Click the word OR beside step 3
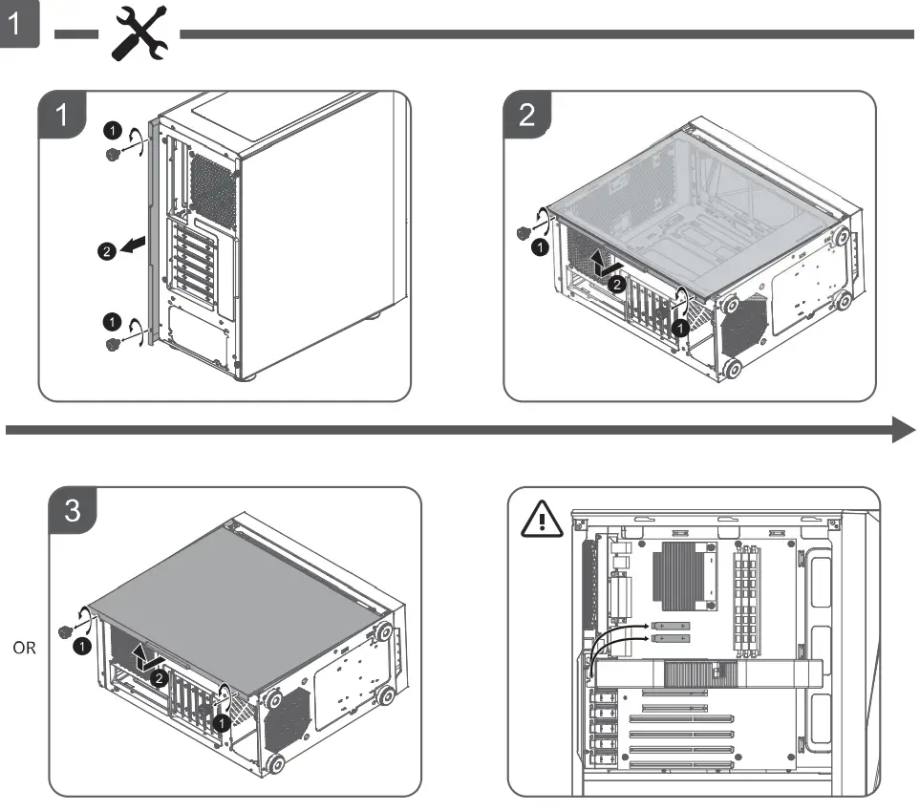pyautogui.click(x=25, y=648)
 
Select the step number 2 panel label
pyautogui.click(x=527, y=116)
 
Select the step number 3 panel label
pyautogui.click(x=72, y=511)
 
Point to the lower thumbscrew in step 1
pyautogui.click(x=114, y=343)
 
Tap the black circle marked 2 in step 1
pyautogui.click(x=106, y=250)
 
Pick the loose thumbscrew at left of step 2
pyautogui.click(x=523, y=232)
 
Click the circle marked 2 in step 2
pyautogui.click(x=617, y=284)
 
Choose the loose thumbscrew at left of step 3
pyautogui.click(x=66, y=630)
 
